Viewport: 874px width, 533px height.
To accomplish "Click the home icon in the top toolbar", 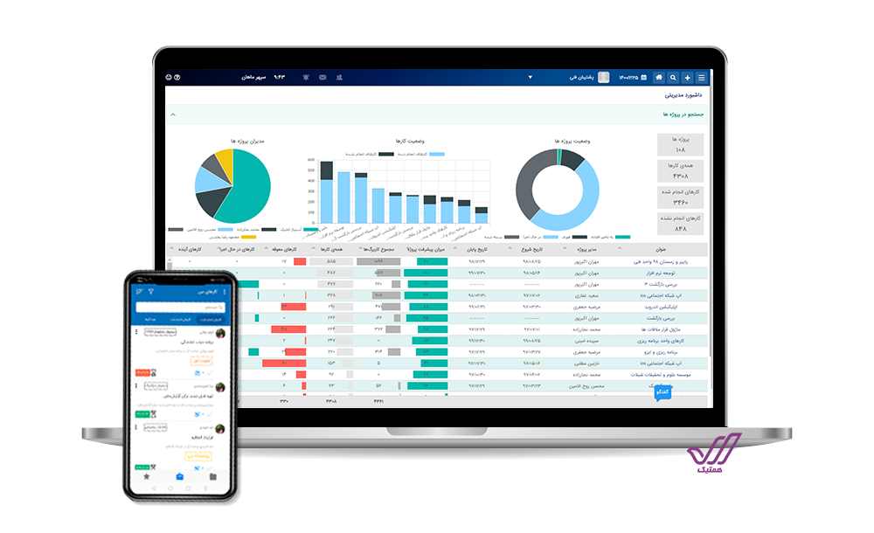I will click(x=659, y=77).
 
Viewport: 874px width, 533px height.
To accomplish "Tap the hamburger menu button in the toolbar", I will click(x=701, y=77).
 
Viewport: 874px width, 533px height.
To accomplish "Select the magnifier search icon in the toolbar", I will click(x=673, y=77).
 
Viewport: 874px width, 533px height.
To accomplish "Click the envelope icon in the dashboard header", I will click(x=323, y=77).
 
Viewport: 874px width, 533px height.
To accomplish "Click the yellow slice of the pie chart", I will click(x=225, y=162).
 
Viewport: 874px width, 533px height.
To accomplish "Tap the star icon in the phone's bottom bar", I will click(x=147, y=477).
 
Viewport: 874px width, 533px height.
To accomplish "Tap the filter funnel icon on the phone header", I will click(x=149, y=291).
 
